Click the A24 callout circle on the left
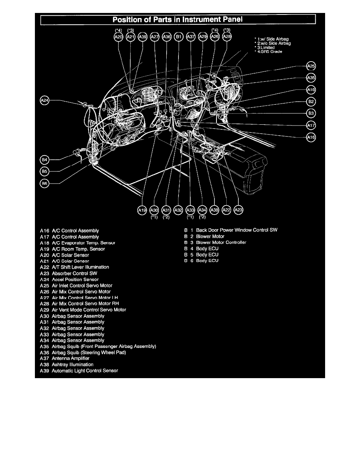click(x=45, y=101)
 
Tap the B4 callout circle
click(x=45, y=160)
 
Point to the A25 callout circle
click(x=311, y=66)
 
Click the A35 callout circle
click(x=311, y=78)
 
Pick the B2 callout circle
click(x=311, y=102)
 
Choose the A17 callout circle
click(x=311, y=126)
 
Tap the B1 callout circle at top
click(x=178, y=37)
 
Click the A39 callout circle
click(x=143, y=37)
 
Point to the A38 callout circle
click(x=214, y=211)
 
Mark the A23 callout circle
click(x=238, y=211)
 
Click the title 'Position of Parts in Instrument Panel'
click(x=178, y=19)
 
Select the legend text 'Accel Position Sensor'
click(x=75, y=279)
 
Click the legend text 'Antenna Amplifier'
click(x=70, y=359)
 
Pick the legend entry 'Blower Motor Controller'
click(x=221, y=242)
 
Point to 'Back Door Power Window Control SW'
click(x=236, y=230)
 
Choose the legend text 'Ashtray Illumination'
click(x=72, y=364)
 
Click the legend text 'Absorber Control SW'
click(x=74, y=273)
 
